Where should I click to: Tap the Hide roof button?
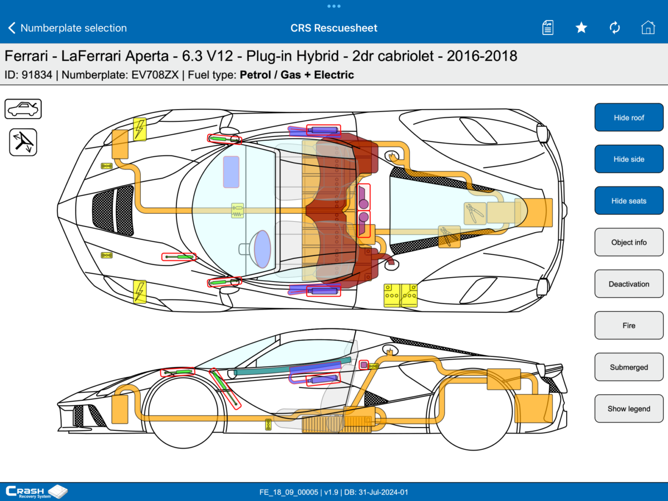pos(628,117)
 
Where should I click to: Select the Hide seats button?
pos(628,201)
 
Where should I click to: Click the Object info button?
pos(628,242)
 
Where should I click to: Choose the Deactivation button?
pos(628,284)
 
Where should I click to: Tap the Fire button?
pos(628,326)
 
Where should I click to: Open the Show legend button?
pos(628,409)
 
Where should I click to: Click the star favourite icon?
pos(581,28)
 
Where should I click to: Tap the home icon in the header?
pos(648,28)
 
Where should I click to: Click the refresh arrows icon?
pos(615,28)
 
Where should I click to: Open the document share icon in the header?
pos(548,28)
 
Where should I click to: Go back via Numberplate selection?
pos(67,28)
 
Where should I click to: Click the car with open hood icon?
pos(23,109)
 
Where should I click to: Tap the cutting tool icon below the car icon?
pos(23,143)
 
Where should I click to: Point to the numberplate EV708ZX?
pos(155,75)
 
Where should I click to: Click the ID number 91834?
pos(37,75)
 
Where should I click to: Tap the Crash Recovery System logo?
pos(37,492)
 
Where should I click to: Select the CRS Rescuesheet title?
pos(334,28)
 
